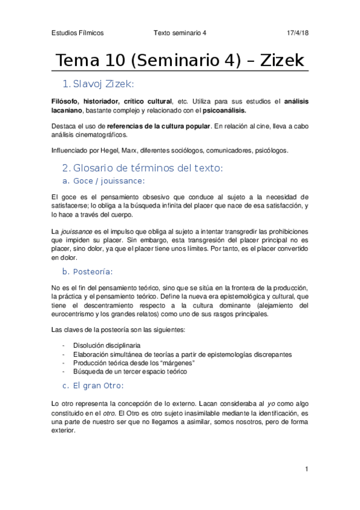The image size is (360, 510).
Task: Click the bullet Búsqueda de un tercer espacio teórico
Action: click(x=130, y=371)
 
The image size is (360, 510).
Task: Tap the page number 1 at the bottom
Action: click(x=307, y=469)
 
